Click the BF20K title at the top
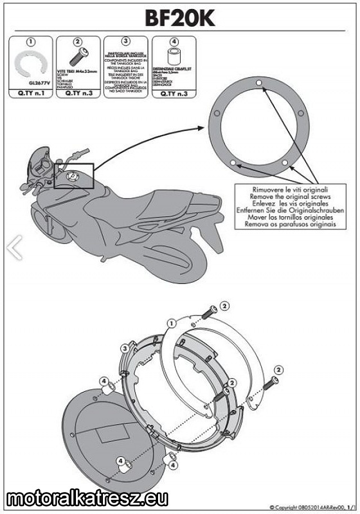[180, 18]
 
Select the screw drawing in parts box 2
[76, 58]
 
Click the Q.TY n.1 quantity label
[30, 94]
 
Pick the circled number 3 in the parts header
[125, 42]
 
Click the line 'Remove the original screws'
[290, 197]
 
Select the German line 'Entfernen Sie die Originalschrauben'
[290, 210]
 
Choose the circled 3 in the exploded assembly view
[124, 349]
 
